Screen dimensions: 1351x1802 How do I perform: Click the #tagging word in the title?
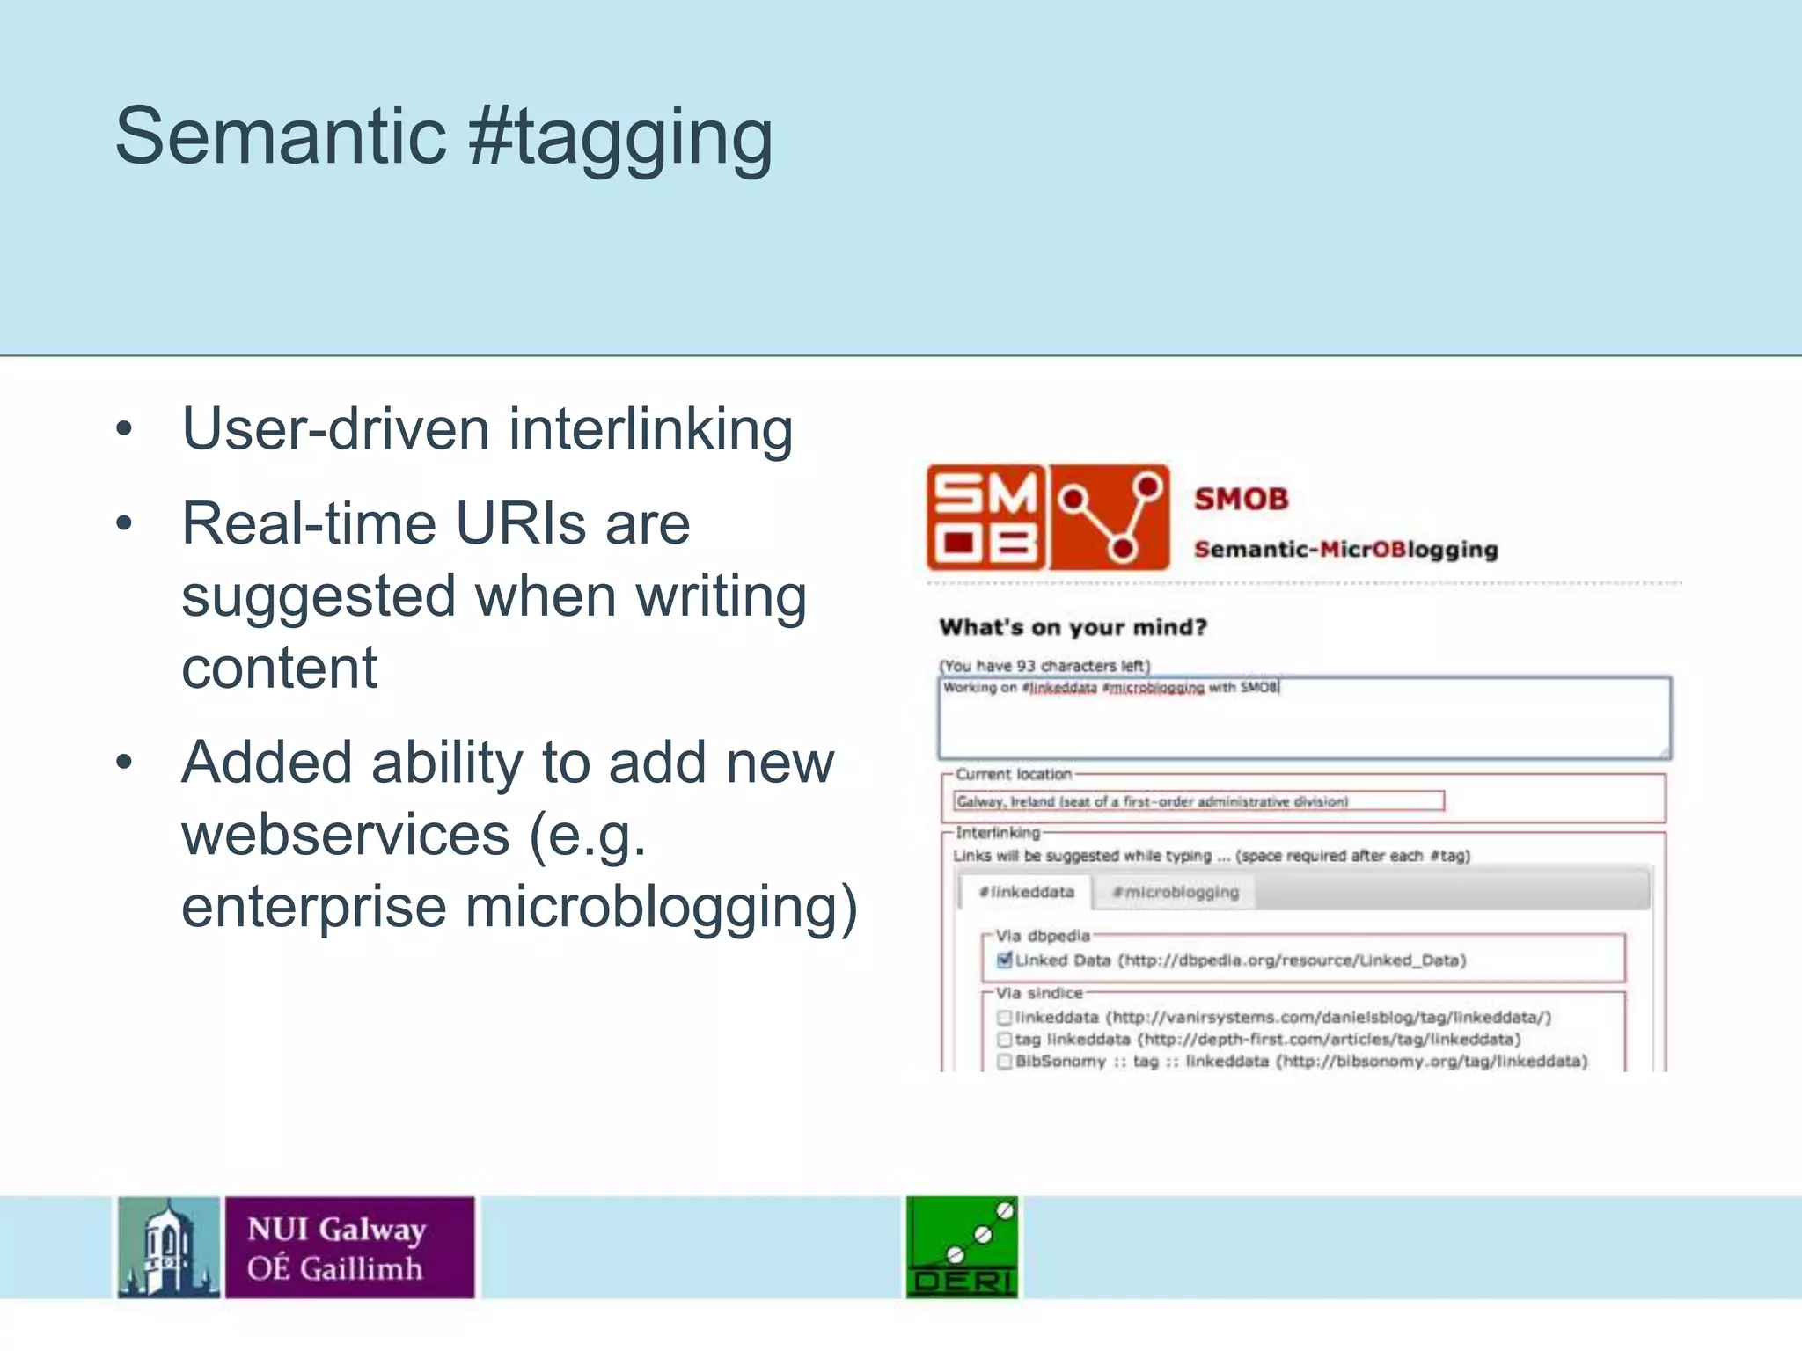(x=620, y=137)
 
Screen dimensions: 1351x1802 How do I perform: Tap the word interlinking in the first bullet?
(x=650, y=429)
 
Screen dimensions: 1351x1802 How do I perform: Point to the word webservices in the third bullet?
(x=345, y=834)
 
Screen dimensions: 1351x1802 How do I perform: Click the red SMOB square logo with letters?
(x=986, y=517)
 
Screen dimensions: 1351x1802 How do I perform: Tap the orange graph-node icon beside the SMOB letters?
(x=1110, y=517)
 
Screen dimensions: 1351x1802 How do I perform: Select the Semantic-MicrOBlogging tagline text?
(x=1345, y=550)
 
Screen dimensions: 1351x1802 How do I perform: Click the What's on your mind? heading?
(x=1073, y=627)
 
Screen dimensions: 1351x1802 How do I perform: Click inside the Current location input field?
(x=1198, y=801)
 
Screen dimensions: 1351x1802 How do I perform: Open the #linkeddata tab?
(x=1026, y=892)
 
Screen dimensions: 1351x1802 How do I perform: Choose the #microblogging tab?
(x=1175, y=892)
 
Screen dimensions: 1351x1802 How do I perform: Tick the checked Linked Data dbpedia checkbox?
(x=1005, y=960)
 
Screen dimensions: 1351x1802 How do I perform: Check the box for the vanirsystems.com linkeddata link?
(x=1005, y=1018)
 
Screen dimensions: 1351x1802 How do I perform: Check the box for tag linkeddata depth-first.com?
(x=1005, y=1040)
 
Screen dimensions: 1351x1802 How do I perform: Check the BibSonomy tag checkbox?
(x=1005, y=1062)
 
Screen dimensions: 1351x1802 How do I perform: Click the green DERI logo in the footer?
(x=962, y=1246)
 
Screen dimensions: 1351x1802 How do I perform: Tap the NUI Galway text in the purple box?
(x=336, y=1229)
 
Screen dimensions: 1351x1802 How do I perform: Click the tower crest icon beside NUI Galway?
(x=169, y=1246)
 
